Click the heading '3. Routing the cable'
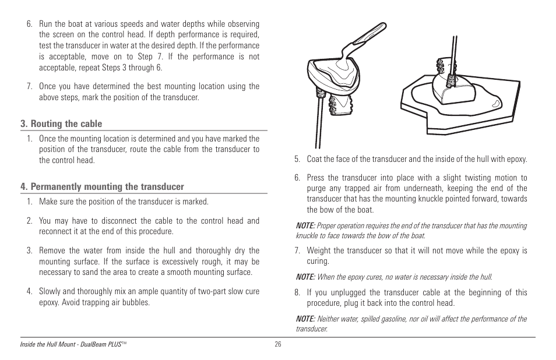tap(61, 124)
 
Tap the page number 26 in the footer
tap(278, 344)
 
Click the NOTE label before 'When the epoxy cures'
tap(305, 277)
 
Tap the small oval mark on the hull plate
tap(494, 104)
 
